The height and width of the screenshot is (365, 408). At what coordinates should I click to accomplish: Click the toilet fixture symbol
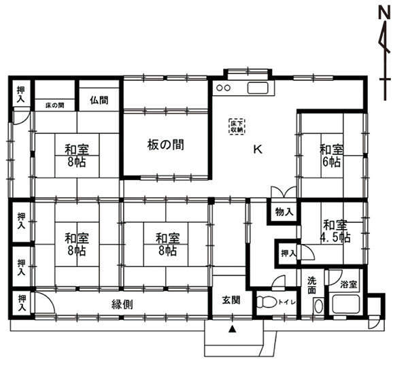click(x=267, y=302)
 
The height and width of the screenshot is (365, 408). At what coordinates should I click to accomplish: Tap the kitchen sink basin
click(x=258, y=88)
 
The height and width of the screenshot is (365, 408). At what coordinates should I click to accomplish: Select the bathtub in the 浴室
click(x=346, y=305)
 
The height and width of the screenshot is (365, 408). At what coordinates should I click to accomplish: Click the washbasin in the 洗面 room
click(x=318, y=306)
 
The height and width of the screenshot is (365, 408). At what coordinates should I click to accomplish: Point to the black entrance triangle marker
click(x=232, y=330)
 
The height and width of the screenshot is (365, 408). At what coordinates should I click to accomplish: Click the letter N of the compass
click(x=384, y=13)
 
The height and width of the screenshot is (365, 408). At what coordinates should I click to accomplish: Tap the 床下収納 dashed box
click(x=237, y=126)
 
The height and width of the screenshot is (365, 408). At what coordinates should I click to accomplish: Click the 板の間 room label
click(x=165, y=145)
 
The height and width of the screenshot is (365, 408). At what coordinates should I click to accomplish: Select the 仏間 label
click(x=99, y=100)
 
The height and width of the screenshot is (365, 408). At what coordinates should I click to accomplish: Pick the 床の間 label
click(x=55, y=105)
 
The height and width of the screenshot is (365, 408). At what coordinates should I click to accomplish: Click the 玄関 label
click(x=231, y=300)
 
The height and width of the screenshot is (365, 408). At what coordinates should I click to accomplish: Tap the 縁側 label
click(x=122, y=304)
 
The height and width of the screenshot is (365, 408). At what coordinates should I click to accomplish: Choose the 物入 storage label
click(x=284, y=212)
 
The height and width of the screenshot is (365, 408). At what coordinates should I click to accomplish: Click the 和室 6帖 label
click(x=331, y=156)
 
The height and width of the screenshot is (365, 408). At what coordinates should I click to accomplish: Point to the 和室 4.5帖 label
click(x=335, y=231)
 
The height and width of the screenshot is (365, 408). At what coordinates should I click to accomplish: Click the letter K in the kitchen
click(x=258, y=150)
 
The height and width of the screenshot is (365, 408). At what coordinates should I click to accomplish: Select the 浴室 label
click(x=349, y=284)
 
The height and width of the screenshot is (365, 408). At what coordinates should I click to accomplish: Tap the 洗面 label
click(x=311, y=285)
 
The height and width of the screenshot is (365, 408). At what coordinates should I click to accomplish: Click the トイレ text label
click(x=287, y=302)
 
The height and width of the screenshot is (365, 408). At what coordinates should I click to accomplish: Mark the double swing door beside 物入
click(x=284, y=192)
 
